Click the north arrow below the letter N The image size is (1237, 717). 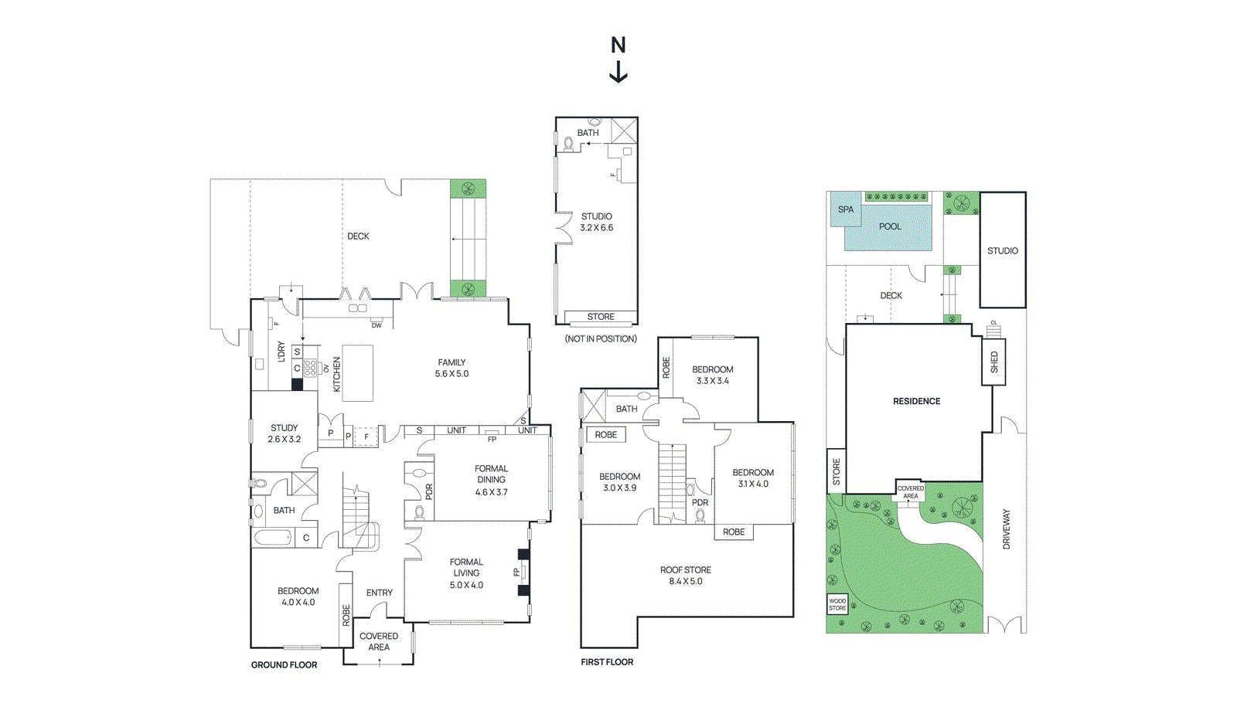[x=618, y=72]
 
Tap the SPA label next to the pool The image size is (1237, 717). [x=846, y=209]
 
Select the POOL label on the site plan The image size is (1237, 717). [x=890, y=226]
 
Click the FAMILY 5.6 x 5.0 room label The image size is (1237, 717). [x=452, y=368]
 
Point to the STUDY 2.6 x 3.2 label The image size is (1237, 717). [x=284, y=433]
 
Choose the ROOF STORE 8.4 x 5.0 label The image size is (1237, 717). [x=685, y=576]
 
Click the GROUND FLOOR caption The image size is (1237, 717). [x=284, y=664]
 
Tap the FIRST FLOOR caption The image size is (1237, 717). [x=607, y=662]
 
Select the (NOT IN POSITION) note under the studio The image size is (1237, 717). [x=601, y=338]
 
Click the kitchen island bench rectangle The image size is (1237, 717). [x=357, y=373]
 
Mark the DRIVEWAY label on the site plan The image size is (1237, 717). [x=1006, y=529]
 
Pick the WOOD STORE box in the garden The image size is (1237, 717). [x=837, y=604]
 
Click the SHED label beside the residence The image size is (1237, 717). [x=994, y=362]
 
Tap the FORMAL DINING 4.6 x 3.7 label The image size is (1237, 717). [x=491, y=480]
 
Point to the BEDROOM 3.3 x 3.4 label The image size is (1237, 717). [x=712, y=375]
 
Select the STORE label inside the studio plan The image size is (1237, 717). [x=600, y=317]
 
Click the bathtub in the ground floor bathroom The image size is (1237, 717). [x=273, y=537]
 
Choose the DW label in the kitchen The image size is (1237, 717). [x=377, y=325]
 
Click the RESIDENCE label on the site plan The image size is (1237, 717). [x=916, y=401]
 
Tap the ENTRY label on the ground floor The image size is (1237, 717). [x=379, y=593]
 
